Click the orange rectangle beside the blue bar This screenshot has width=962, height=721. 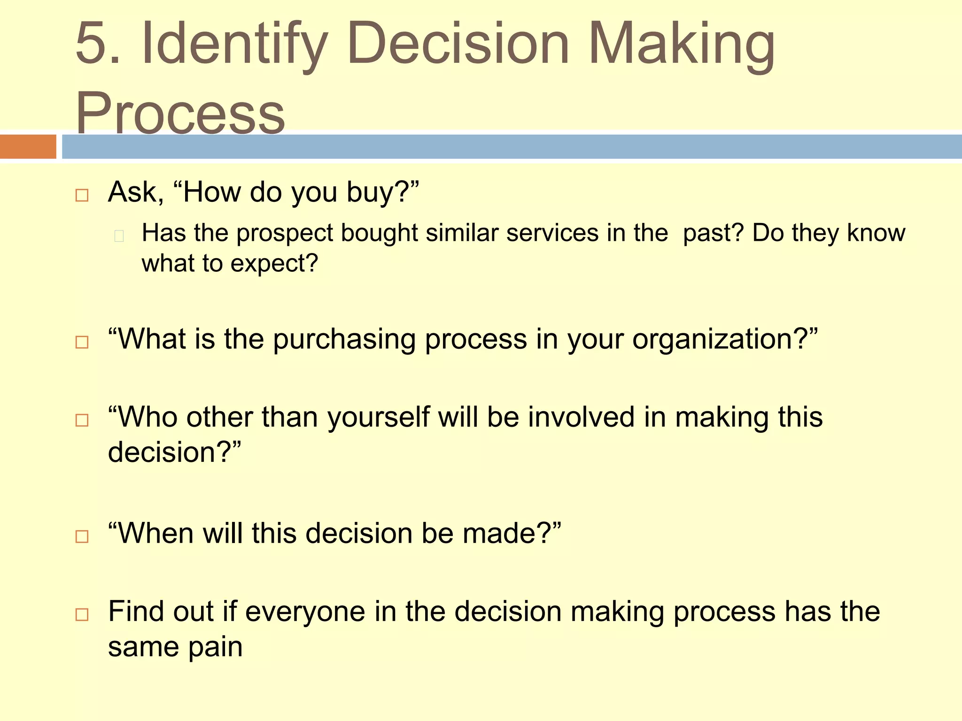pos(28,146)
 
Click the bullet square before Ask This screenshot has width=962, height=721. pos(82,195)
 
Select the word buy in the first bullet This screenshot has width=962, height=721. pos(371,192)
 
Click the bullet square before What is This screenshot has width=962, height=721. pos(82,342)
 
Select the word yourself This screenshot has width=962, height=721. pos(379,417)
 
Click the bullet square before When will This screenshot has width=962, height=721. pos(82,537)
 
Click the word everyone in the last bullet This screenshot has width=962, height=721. pos(305,612)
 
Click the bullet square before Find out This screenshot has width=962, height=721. pos(82,614)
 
